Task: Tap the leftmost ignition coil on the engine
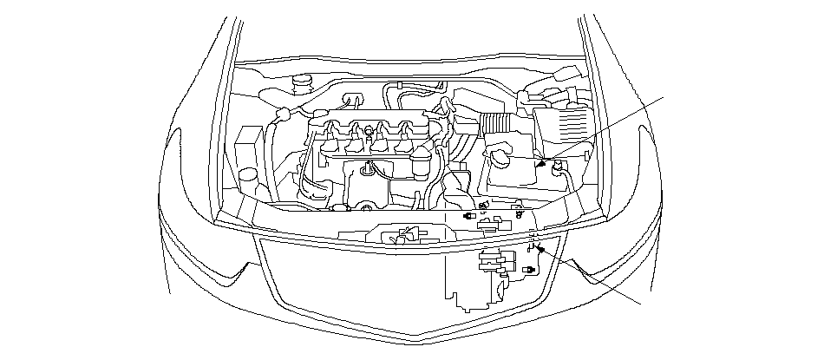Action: (x=331, y=139)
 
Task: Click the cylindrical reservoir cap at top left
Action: (x=303, y=84)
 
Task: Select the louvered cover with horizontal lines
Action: (x=561, y=125)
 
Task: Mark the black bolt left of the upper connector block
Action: (x=469, y=213)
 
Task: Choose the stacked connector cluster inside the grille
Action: (x=493, y=265)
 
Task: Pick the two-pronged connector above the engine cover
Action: (x=352, y=98)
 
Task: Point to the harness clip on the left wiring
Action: (x=282, y=114)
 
